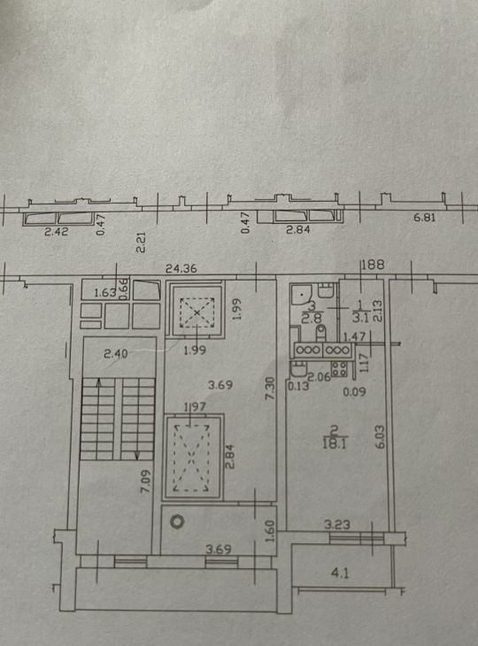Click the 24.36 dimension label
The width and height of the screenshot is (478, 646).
click(181, 269)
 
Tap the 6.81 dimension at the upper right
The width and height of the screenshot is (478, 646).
click(424, 217)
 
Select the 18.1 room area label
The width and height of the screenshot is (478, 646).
click(335, 443)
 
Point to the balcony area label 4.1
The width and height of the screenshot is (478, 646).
click(340, 573)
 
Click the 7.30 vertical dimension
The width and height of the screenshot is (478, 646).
click(269, 388)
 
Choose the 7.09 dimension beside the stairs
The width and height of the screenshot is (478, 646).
click(146, 481)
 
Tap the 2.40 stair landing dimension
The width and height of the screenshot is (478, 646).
click(116, 353)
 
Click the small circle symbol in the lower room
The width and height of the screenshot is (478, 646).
click(177, 521)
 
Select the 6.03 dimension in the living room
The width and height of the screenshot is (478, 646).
click(380, 436)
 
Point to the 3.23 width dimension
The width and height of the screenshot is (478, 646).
click(337, 525)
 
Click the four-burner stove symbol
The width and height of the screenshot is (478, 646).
click(339, 369)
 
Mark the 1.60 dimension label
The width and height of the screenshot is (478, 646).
click(269, 532)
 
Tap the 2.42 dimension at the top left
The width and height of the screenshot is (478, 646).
click(57, 231)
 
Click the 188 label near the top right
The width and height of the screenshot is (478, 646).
click(373, 264)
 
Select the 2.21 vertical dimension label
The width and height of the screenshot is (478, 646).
click(141, 242)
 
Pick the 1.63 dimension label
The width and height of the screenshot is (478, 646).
click(105, 293)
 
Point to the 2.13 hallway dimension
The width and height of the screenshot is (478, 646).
click(377, 311)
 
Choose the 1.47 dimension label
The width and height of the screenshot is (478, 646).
click(354, 337)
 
